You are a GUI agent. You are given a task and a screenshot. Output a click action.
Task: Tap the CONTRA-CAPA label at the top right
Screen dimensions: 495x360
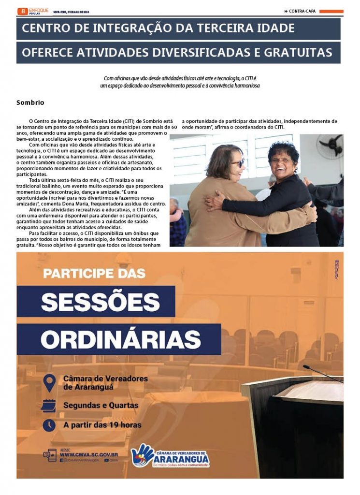tap(302, 11)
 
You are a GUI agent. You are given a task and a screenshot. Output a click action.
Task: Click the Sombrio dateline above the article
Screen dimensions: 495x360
tap(30, 102)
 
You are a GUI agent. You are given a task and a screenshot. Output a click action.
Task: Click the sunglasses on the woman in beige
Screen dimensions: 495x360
tap(239, 162)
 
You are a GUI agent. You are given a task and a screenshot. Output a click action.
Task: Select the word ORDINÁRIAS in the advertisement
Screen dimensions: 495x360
tap(121, 339)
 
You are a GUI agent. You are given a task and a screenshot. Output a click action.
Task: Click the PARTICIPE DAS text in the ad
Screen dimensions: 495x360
tap(94, 273)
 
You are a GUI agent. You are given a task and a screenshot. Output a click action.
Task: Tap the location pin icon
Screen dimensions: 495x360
tap(49, 383)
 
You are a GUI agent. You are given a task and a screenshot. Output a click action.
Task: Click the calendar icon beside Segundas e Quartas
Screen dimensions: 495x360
tap(48, 405)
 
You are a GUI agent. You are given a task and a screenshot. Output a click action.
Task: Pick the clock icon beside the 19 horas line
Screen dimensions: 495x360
tap(49, 425)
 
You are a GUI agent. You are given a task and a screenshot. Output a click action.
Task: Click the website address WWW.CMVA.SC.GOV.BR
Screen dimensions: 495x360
tap(89, 454)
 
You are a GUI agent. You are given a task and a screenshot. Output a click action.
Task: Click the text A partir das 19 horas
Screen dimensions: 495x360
tap(102, 425)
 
